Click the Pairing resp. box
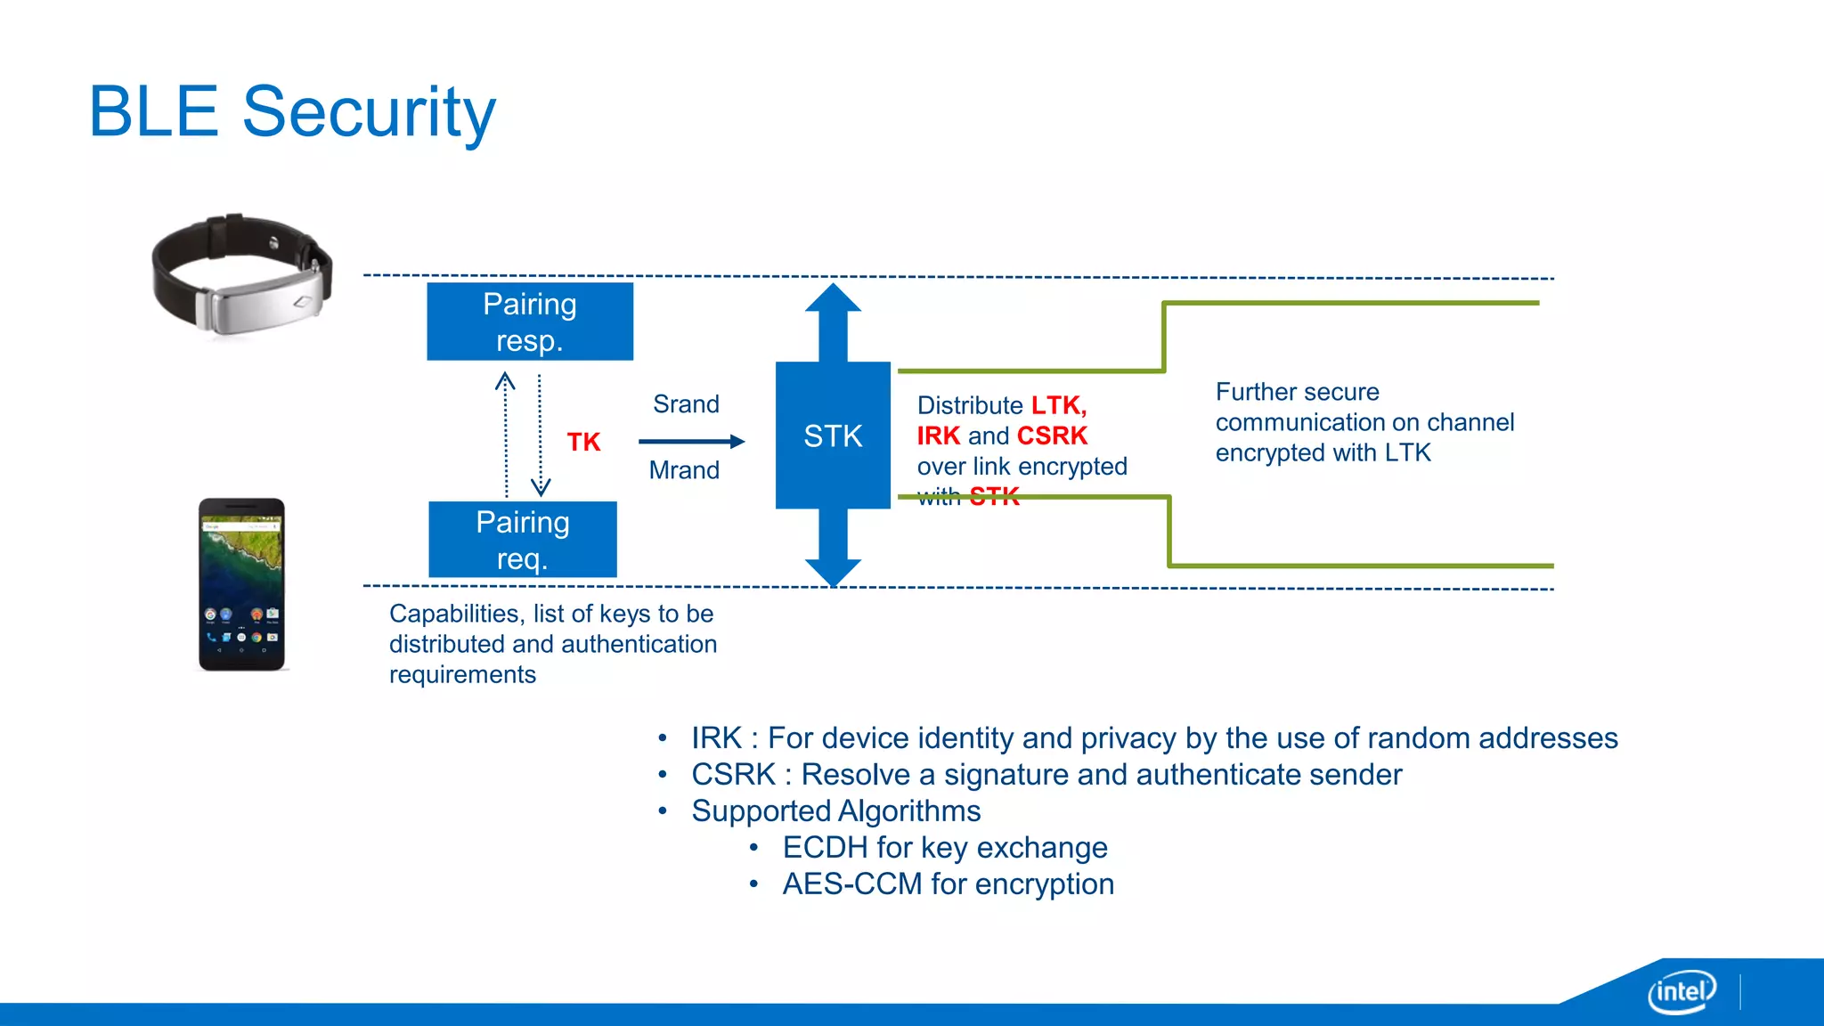pos(530,322)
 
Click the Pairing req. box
pos(523,540)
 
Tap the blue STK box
pos(833,436)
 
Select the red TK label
pos(583,442)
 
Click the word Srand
pos(686,404)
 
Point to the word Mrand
pos(684,470)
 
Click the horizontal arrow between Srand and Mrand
pos(691,441)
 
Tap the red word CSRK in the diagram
pos(1052,436)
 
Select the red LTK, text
pos(1059,405)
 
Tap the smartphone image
pos(241,584)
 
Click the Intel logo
pos(1681,990)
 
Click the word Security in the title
pos(369,112)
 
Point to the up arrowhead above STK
pos(833,299)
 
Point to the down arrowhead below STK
pos(833,572)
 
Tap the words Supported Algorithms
pos(835,811)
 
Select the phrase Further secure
pos(1297,392)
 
